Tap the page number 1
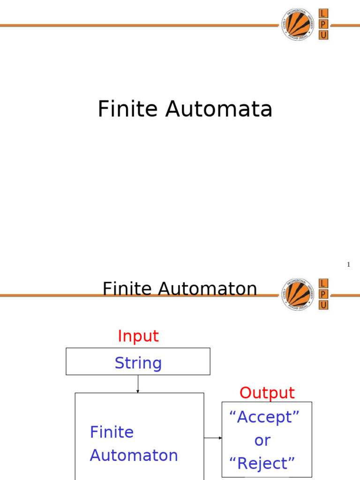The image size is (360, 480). tap(348, 265)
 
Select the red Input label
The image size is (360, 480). tap(138, 336)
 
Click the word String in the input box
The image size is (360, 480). tap(138, 363)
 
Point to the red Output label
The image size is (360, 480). tap(267, 393)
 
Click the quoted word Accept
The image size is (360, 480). tap(264, 417)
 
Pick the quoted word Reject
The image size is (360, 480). tap(262, 464)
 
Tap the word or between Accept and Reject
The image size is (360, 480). tap(262, 440)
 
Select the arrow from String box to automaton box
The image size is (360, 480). tap(138, 384)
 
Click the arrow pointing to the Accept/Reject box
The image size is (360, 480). tap(213, 438)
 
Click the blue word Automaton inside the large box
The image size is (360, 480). tap(134, 455)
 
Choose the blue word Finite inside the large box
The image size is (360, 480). tap(112, 432)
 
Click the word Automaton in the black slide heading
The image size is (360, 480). tap(208, 289)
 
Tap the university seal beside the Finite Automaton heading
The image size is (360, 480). tap(298, 294)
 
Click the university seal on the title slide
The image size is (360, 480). tap(298, 24)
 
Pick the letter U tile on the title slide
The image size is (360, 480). tap(323, 35)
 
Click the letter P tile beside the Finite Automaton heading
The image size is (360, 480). tap(323, 294)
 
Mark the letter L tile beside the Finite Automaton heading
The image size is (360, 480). tap(323, 283)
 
